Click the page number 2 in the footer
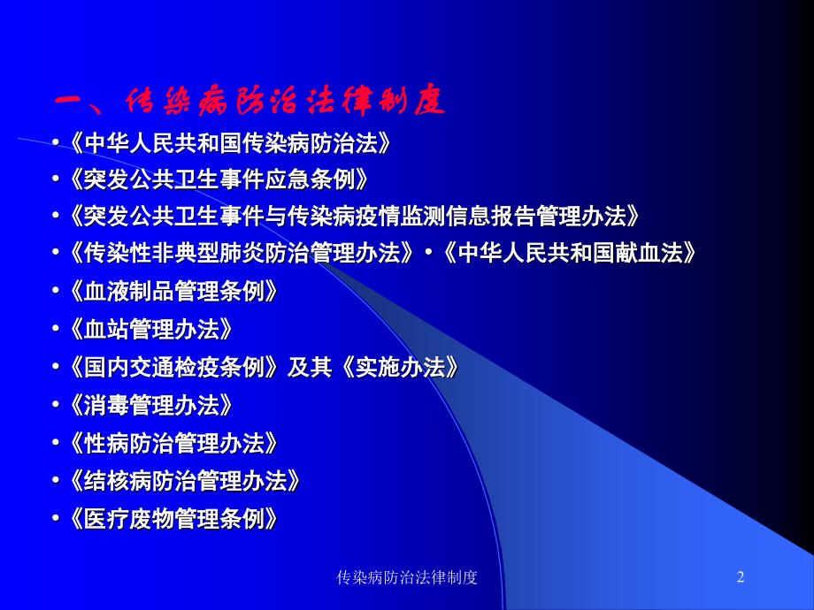pos(741,577)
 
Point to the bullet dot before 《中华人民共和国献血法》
pos(427,254)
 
